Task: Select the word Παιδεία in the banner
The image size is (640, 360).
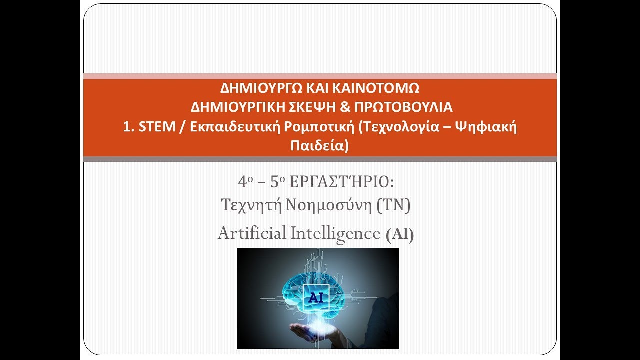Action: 317,146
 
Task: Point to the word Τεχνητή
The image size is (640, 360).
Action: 244,205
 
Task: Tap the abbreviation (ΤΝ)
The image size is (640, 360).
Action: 394,205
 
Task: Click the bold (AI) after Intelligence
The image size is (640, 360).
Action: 400,235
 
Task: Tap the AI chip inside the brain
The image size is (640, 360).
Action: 316,297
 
